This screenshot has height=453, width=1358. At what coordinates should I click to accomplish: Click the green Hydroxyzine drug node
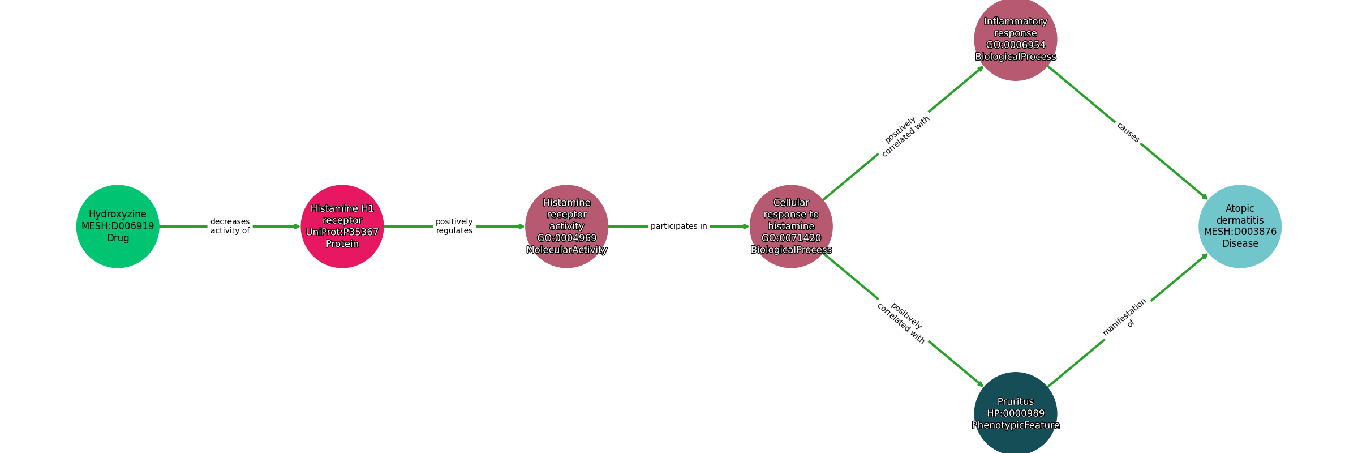pyautogui.click(x=118, y=226)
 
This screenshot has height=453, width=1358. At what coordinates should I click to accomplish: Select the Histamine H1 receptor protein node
pyautogui.click(x=342, y=226)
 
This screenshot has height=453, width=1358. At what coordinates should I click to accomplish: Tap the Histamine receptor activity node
pyautogui.click(x=566, y=226)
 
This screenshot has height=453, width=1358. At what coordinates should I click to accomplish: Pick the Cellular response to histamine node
pyautogui.click(x=791, y=226)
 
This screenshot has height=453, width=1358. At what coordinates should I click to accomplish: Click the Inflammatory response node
pyautogui.click(x=1015, y=39)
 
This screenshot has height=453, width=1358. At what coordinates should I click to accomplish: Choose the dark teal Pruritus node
pyautogui.click(x=1015, y=413)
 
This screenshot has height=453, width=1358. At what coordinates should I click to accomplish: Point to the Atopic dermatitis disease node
pyautogui.click(x=1240, y=226)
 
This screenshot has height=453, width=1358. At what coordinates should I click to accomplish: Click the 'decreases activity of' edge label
pyautogui.click(x=230, y=226)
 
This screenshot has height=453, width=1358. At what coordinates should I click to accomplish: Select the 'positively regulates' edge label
pyautogui.click(x=454, y=226)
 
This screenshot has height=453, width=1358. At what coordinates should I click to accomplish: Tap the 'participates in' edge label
pyautogui.click(x=678, y=226)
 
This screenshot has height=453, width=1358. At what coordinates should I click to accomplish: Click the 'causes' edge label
pyautogui.click(x=1128, y=133)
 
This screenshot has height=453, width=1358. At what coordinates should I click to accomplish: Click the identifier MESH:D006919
pyautogui.click(x=118, y=226)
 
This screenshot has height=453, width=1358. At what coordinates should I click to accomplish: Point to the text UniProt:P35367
pyautogui.click(x=342, y=232)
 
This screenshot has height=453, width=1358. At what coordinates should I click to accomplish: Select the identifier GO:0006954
pyautogui.click(x=1015, y=45)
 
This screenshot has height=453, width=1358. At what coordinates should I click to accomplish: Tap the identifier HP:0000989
pyautogui.click(x=1015, y=414)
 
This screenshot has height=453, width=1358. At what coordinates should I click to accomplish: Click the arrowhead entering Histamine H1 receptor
pyautogui.click(x=297, y=226)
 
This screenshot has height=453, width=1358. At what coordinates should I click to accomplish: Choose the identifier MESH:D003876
pyautogui.click(x=1240, y=232)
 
